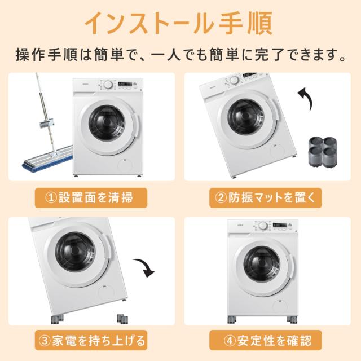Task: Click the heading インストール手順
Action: (x=179, y=24)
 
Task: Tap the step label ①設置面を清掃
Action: (x=91, y=198)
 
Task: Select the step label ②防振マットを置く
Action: (x=265, y=198)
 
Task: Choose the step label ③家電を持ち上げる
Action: (x=91, y=340)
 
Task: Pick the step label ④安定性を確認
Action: (x=265, y=340)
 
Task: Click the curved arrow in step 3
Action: (x=144, y=267)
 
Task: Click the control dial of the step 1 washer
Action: (x=108, y=85)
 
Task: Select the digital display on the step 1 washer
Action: (x=125, y=83)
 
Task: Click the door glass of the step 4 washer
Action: (x=262, y=264)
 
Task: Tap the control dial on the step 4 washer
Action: (x=263, y=226)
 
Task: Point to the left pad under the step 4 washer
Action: (x=232, y=320)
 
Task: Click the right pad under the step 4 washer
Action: (x=292, y=320)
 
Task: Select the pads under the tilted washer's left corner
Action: (x=57, y=319)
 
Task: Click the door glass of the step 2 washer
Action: (x=246, y=117)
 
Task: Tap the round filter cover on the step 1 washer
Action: (x=125, y=165)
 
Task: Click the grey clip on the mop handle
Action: (x=47, y=124)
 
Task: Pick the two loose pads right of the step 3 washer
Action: (x=122, y=319)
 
